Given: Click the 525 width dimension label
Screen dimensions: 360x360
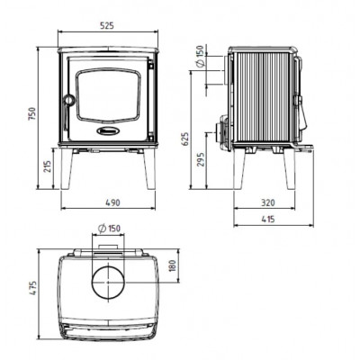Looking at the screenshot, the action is [x=107, y=25].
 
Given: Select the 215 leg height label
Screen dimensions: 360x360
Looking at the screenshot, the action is [x=48, y=166].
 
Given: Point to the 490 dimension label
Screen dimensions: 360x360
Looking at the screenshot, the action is [x=112, y=202].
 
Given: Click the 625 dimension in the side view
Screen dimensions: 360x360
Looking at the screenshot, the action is [x=185, y=139].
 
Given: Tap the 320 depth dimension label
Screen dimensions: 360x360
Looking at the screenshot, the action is [x=267, y=202].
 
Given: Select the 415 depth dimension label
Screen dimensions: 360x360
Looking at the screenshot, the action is [x=268, y=220].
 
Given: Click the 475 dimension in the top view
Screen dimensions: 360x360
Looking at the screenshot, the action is [x=32, y=288].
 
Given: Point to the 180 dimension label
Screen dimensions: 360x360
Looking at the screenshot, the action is [x=173, y=265].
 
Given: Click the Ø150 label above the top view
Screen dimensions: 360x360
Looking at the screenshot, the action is [x=110, y=229].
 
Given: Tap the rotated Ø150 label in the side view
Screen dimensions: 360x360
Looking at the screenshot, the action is [x=201, y=56].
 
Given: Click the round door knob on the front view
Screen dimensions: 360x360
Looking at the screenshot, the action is [x=69, y=100].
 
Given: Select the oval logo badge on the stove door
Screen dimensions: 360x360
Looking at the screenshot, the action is [x=108, y=130].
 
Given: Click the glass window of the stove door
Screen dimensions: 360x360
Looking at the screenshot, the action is [x=108, y=95].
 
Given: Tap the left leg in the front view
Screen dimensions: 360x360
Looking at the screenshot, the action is [x=67, y=169].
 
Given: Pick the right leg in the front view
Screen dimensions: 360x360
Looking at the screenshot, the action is [x=149, y=169].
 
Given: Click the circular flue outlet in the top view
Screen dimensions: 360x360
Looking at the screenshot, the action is [x=108, y=282].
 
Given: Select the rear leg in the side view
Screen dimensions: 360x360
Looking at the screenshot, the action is [x=239, y=169].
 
